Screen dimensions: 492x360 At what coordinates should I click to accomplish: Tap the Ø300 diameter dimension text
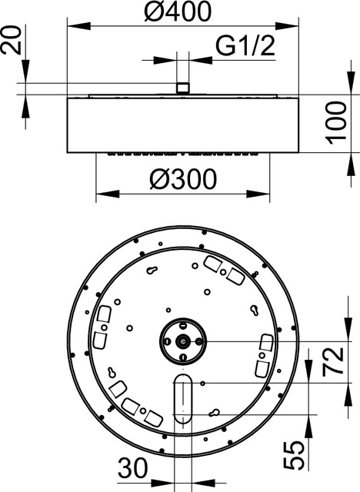(183, 178)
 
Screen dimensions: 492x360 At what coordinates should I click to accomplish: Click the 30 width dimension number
(132, 467)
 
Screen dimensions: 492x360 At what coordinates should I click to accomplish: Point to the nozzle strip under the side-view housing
(183, 153)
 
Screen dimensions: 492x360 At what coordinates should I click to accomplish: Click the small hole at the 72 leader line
(202, 382)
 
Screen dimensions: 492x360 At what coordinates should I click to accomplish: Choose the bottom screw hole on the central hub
(183, 355)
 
